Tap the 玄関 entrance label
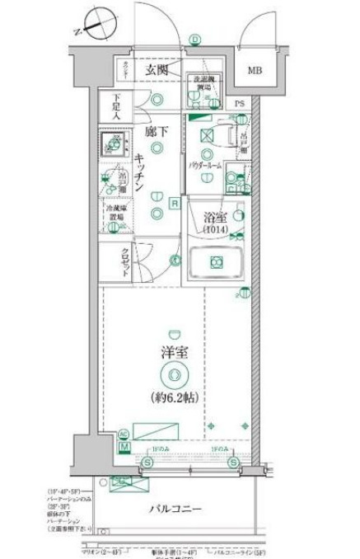pyautogui.click(x=159, y=71)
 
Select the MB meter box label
pyautogui.click(x=255, y=70)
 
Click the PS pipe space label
pyautogui.click(x=239, y=103)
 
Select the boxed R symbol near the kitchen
pyautogui.click(x=175, y=202)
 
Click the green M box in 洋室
pyautogui.click(x=124, y=446)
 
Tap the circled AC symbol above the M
pyautogui.click(x=124, y=434)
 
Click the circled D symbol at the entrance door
pyautogui.click(x=195, y=39)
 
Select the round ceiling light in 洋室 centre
pyautogui.click(x=173, y=375)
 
